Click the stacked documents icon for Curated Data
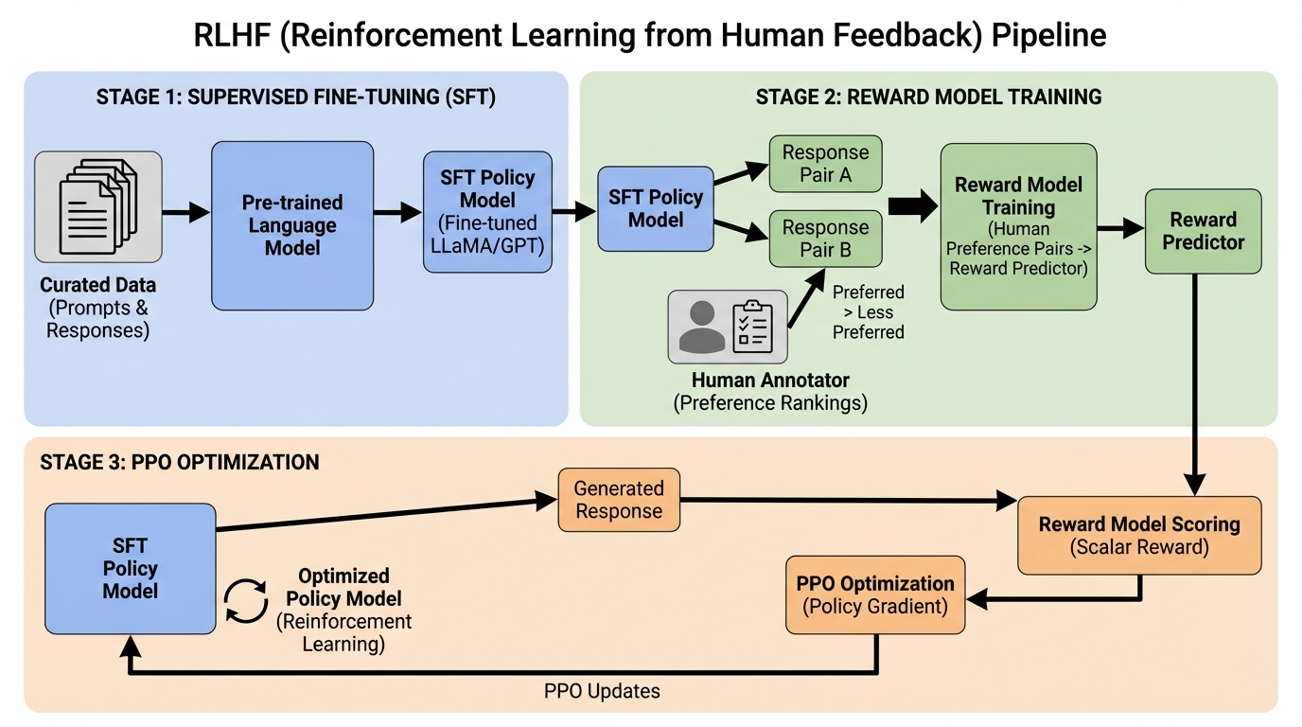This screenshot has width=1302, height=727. [98, 206]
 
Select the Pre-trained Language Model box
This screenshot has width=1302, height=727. [292, 225]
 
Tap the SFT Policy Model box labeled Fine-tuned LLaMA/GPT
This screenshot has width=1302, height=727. [487, 212]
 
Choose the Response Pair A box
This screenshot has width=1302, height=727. [825, 164]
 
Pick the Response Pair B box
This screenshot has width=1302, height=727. [825, 239]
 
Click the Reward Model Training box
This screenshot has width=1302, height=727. [1018, 226]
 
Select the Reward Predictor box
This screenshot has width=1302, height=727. [1203, 231]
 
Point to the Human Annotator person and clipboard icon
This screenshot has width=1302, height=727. [728, 327]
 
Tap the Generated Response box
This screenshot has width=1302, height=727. [619, 500]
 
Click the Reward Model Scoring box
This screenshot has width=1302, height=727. [1139, 535]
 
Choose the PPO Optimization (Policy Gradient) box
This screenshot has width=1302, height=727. [875, 594]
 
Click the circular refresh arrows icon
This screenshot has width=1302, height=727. [246, 602]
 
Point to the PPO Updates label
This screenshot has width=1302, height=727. [602, 691]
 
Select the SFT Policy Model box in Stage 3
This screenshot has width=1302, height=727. [131, 568]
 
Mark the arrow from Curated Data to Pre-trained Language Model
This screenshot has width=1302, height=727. [185, 212]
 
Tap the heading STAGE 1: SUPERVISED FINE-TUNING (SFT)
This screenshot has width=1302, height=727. [295, 97]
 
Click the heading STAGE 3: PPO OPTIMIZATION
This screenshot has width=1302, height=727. [180, 463]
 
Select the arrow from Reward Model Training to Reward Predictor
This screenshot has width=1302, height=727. [1120, 228]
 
